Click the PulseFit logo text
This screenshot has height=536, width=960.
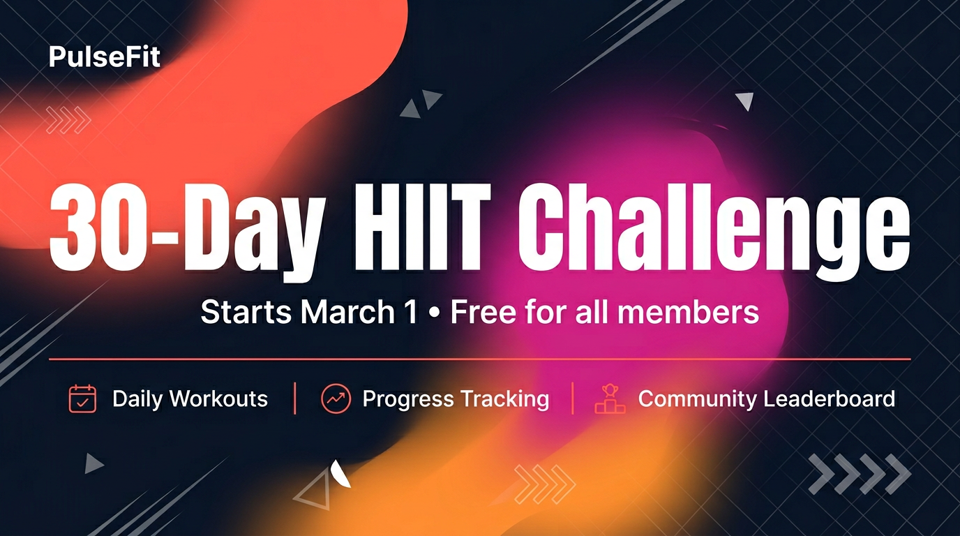point(105,57)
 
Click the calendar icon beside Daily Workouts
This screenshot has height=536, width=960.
point(82,399)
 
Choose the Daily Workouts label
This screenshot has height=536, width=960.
point(190,399)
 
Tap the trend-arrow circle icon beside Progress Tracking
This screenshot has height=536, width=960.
point(336,399)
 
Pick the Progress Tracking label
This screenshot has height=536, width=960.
point(456,399)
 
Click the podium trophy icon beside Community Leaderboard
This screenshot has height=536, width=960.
point(610,399)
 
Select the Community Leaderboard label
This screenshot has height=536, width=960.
point(766,399)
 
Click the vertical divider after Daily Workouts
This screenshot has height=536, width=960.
point(295,399)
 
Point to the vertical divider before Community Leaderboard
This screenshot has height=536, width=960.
point(573,399)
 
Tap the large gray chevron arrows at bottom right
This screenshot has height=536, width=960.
point(860,474)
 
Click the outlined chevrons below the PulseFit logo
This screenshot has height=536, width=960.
point(68,120)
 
